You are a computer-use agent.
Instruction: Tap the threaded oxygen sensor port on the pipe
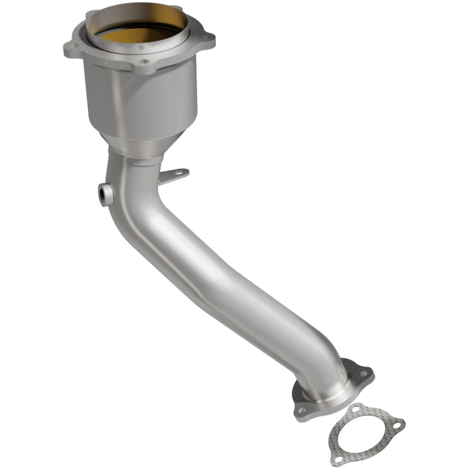tap(104, 194)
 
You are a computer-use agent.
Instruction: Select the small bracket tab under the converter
tap(175, 176)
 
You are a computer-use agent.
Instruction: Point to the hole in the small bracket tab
tap(180, 173)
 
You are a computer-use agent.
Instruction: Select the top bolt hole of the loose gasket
tap(354, 408)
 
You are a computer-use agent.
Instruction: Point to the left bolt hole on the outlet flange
tap(302, 410)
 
